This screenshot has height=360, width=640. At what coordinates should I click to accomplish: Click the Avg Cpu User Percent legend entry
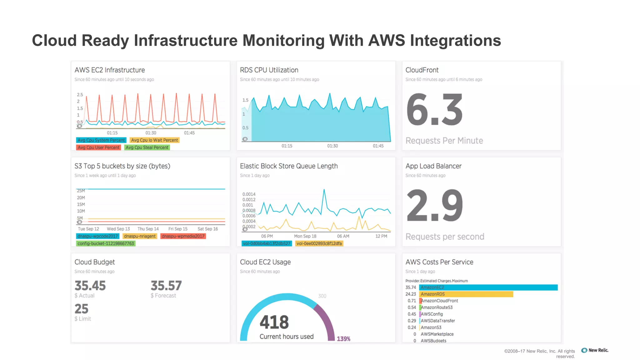pos(98,147)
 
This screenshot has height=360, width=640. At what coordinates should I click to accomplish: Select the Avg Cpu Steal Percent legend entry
pos(147,147)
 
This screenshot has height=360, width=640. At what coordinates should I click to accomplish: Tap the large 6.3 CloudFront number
pos(434,110)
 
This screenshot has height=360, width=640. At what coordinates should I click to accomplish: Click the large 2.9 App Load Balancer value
pos(434,206)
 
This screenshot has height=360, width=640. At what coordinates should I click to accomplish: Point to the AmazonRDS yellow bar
pos(466,294)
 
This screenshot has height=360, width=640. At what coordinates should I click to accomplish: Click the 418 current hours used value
pos(274,322)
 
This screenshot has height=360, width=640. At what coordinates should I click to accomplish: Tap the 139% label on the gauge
pos(343,339)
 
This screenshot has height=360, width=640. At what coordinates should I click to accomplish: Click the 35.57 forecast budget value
pos(166,286)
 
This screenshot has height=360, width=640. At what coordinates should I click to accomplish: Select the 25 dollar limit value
pos(82,309)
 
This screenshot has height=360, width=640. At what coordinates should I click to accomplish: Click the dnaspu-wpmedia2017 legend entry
pos(183,236)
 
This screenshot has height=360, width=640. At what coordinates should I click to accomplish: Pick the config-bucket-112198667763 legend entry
pos(106,243)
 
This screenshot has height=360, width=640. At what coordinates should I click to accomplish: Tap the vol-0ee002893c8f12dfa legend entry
pos(319,243)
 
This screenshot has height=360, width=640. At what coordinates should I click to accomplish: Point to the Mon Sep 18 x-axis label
pos(305,236)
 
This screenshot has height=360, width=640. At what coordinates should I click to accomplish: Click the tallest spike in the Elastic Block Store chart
pos(324,190)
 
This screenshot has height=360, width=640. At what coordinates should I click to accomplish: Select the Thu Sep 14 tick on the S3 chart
pos(148,229)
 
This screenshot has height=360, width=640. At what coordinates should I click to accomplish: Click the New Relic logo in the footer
pos(595,350)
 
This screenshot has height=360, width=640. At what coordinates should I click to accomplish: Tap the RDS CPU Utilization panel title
pos(269,70)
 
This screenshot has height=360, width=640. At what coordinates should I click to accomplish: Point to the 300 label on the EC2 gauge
pos(322,296)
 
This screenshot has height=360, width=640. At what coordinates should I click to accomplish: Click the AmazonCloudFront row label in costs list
pos(439,301)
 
